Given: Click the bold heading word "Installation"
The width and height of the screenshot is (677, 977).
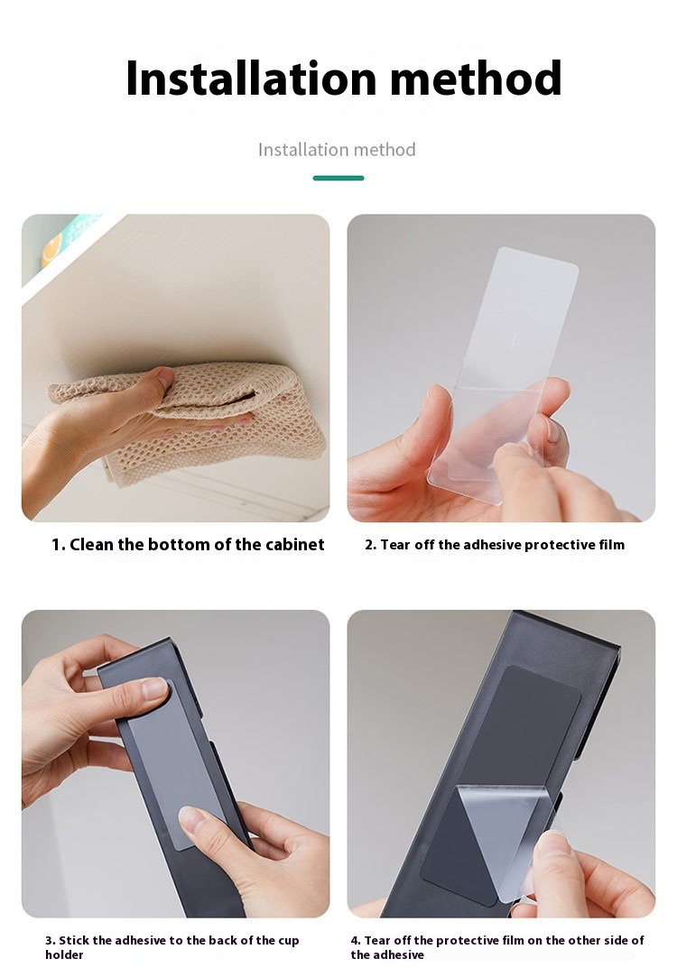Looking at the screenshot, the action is click(x=251, y=78).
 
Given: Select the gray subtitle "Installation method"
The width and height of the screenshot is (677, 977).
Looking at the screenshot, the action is click(x=337, y=150).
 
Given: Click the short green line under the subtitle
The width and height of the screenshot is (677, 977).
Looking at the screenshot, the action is click(x=338, y=179).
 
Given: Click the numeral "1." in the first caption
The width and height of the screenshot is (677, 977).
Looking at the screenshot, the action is click(x=59, y=545).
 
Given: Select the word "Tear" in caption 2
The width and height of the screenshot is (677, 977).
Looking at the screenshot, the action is click(x=395, y=545).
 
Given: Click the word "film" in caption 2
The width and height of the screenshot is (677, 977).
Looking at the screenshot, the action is click(x=611, y=545).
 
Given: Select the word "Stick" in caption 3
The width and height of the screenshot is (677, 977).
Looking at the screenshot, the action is click(x=74, y=940).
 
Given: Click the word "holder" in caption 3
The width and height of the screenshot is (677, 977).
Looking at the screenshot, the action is click(x=64, y=954).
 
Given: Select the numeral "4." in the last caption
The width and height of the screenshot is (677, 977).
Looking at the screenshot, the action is click(x=356, y=940).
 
